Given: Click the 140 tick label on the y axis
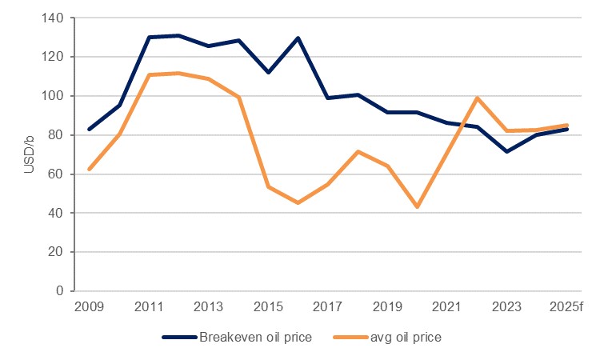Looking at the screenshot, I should coord(54,18).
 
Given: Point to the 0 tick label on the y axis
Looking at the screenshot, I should coord(61,291).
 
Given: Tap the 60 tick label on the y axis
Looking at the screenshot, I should coord(58,174).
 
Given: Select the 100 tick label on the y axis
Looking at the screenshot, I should coord(54,96).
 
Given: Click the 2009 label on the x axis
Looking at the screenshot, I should coord(88,308).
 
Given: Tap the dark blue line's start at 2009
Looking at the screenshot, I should coord(88,129).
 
